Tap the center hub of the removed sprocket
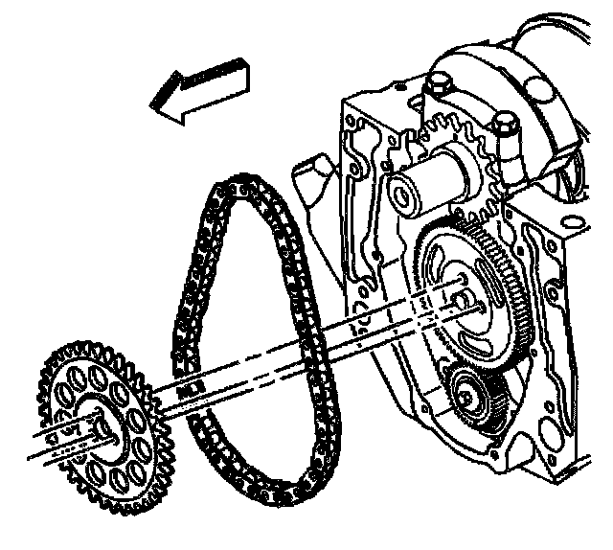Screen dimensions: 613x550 point(107,431)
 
